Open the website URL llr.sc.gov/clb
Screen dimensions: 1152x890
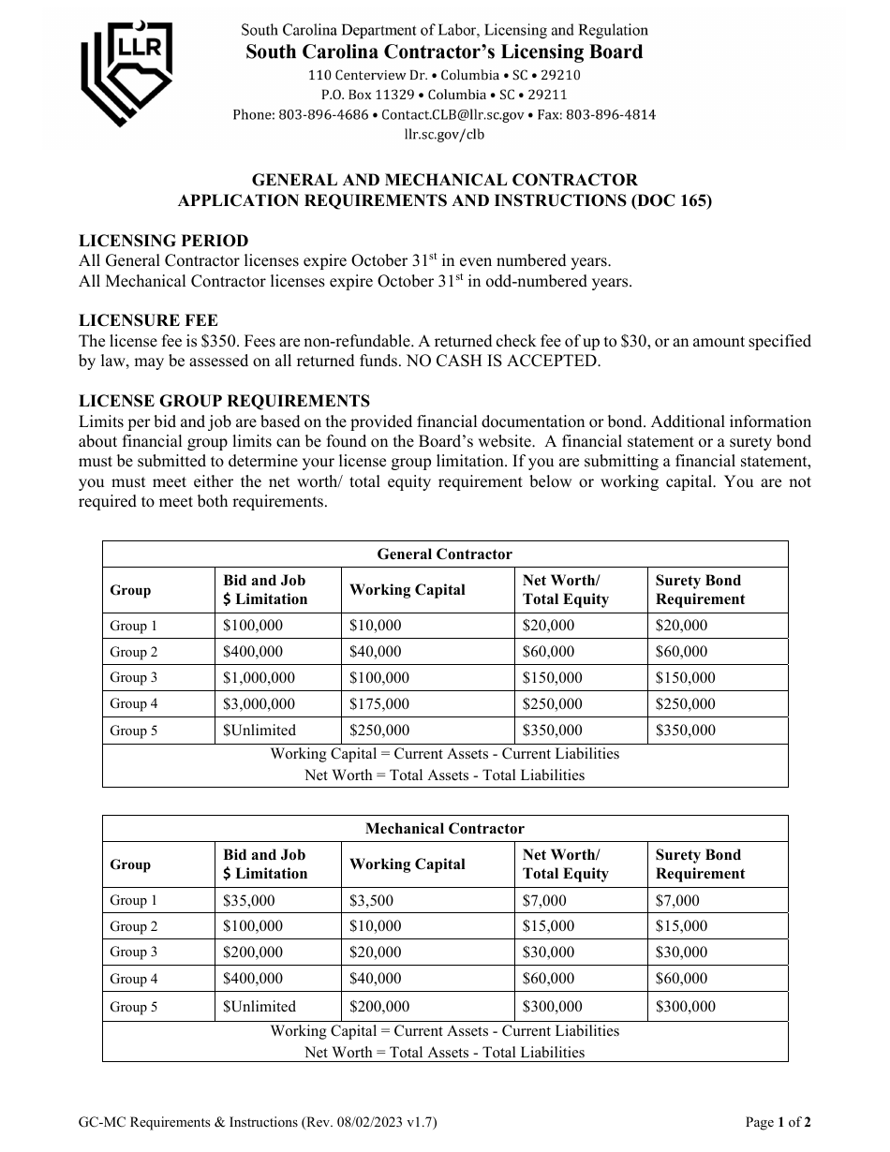[x=444, y=134]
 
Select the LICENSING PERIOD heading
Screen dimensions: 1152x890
[x=164, y=241]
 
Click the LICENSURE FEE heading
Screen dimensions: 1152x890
[x=149, y=321]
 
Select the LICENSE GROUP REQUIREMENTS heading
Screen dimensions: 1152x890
[x=224, y=402]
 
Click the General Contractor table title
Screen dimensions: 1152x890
[x=444, y=554]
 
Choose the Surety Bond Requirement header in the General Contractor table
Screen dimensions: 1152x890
[x=700, y=590]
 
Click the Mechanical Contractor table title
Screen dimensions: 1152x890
[x=444, y=829]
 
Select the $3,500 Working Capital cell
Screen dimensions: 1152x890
[x=371, y=901]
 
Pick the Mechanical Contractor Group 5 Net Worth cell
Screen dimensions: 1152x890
[x=552, y=1007]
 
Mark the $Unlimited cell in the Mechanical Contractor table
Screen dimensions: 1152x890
[x=260, y=1007]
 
